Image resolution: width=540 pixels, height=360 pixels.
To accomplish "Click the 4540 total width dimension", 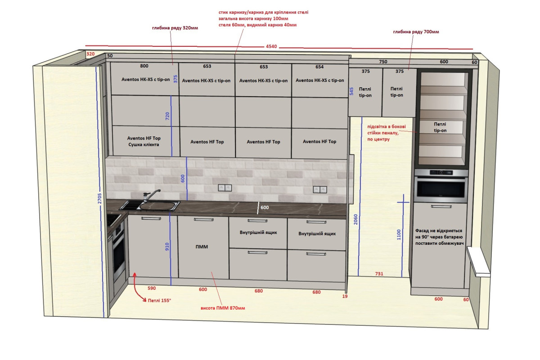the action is pos(271,46).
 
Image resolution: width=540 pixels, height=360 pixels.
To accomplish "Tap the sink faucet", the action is pos(151,195).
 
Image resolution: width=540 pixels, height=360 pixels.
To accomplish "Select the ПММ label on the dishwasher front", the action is pos(202,247).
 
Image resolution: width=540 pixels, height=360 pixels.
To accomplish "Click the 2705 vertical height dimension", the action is pos(100,198).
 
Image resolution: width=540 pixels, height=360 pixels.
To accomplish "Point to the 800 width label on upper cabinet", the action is pos(144,66).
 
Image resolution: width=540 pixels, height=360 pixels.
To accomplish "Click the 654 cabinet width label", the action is pos(319,67).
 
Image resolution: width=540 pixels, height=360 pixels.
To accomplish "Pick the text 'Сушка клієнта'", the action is pos(144,145).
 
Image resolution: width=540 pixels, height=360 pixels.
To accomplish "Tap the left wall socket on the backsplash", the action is pos(225,188).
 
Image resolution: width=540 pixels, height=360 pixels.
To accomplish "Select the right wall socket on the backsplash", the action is pos(320,189).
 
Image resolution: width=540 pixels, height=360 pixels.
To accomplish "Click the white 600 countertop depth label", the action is pos(265,207).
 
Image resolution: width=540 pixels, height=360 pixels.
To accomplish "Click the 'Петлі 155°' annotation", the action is pos(159,301).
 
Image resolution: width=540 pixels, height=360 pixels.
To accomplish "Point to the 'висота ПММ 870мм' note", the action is pos(223,308).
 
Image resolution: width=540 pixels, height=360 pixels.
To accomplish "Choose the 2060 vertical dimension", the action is pos(356,220).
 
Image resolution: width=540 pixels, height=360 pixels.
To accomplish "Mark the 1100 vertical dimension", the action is pos(399,234).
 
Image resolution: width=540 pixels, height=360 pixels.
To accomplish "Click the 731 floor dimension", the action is pos(379,274).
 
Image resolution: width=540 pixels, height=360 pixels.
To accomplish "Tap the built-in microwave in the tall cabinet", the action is pos(441,186).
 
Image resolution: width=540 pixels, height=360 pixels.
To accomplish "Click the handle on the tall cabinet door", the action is pos(441,207).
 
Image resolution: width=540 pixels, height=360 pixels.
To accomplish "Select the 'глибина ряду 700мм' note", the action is pos(416,32).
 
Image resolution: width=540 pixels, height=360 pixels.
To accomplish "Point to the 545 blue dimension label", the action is pos(351,91).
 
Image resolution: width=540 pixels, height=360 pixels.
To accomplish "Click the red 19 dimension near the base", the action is pos(345,296).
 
